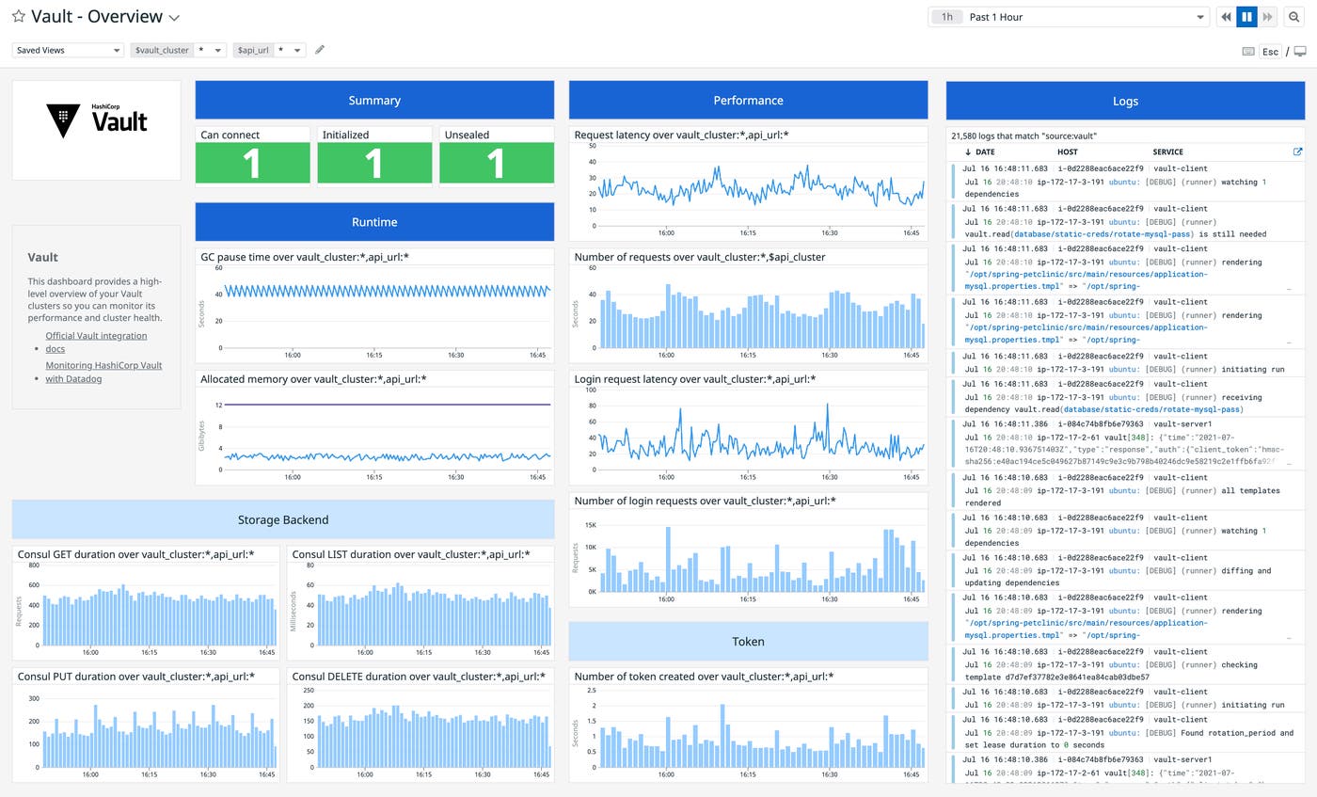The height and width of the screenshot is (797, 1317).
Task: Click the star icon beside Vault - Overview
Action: [18, 17]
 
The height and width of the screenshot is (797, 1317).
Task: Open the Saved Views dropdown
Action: [68, 50]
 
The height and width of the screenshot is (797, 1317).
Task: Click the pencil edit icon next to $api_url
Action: [320, 50]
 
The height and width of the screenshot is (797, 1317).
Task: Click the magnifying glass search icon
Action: [1294, 17]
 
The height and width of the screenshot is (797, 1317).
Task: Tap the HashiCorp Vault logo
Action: [96, 121]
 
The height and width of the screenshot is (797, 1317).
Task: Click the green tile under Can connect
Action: [252, 163]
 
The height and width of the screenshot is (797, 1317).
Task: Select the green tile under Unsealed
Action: [496, 163]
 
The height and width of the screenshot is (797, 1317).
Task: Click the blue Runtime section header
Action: [374, 222]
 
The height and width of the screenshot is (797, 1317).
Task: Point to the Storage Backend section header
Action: [283, 519]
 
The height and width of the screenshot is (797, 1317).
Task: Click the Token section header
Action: [748, 641]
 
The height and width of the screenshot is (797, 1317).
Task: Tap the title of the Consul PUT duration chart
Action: [135, 677]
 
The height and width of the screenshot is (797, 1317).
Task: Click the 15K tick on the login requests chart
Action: [591, 525]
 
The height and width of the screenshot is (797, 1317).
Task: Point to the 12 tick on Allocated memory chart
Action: [218, 405]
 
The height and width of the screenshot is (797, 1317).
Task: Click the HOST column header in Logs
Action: [1067, 151]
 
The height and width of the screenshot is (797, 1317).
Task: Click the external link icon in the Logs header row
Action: [1297, 151]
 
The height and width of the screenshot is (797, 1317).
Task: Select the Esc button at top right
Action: [1270, 52]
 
